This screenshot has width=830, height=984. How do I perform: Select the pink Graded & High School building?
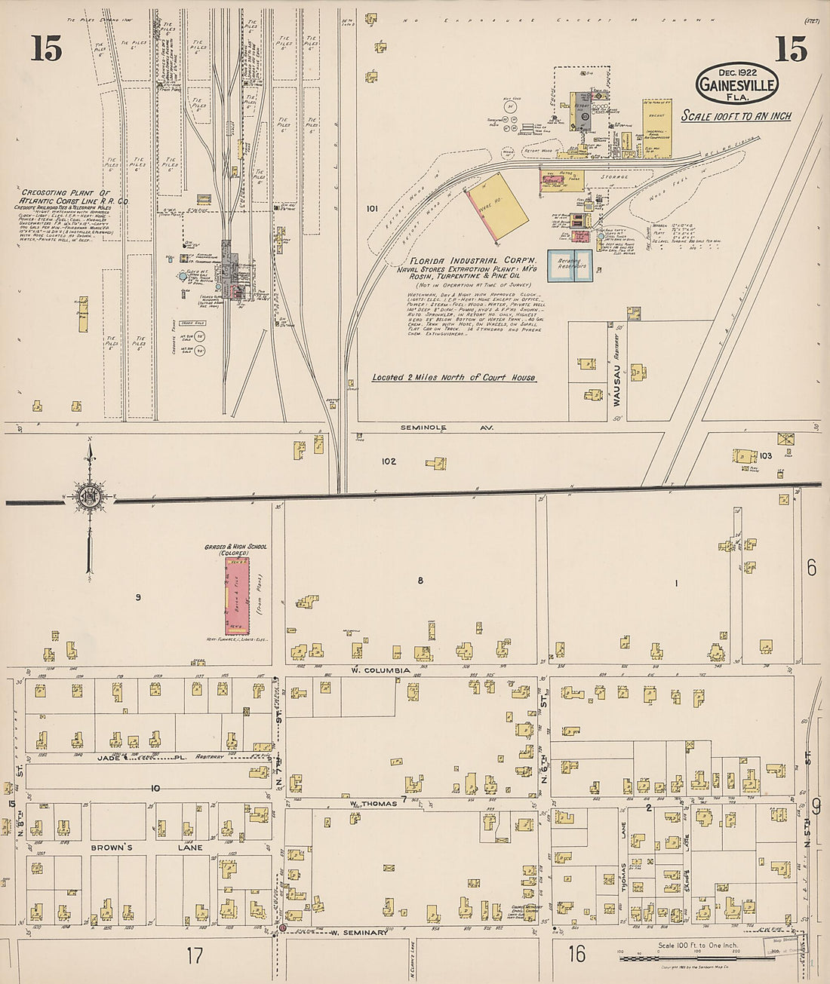tap(236, 596)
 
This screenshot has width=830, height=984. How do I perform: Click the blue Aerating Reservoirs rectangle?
tap(570, 265)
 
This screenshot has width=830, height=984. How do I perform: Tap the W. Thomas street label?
tap(373, 803)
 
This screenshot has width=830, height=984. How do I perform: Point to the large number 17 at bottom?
tap(194, 956)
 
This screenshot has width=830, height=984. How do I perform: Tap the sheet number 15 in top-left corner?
tap(46, 50)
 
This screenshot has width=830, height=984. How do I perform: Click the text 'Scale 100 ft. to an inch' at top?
tap(725, 116)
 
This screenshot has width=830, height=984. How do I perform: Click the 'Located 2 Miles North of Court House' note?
tap(453, 377)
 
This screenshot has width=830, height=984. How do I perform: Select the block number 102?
tap(389, 461)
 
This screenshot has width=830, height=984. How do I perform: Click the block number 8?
tap(421, 581)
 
